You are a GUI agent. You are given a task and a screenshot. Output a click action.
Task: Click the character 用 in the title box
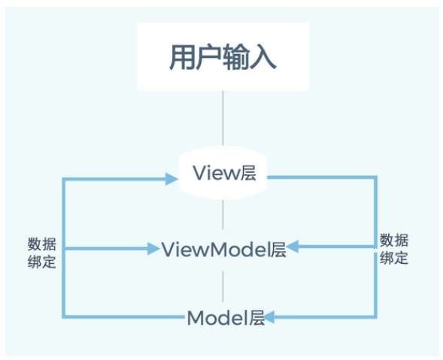(x=182, y=57)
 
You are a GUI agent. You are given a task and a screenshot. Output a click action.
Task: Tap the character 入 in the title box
(x=263, y=57)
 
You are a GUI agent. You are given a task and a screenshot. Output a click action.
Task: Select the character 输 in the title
(x=236, y=57)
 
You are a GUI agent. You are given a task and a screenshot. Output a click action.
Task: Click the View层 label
(x=224, y=173)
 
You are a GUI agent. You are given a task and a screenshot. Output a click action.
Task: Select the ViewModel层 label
(x=224, y=249)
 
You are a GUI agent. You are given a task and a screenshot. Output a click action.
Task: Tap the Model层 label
(x=226, y=318)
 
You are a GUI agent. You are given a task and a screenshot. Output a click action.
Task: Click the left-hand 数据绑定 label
(x=42, y=253)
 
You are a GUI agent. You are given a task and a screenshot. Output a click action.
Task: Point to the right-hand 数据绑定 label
(x=394, y=249)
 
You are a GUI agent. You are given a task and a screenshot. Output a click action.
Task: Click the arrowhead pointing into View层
(x=171, y=179)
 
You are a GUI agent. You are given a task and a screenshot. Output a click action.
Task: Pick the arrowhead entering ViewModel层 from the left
(x=154, y=249)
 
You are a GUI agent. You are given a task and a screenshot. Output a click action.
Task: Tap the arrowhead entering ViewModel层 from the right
(x=293, y=247)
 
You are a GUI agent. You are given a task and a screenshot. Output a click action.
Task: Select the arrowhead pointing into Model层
(x=269, y=317)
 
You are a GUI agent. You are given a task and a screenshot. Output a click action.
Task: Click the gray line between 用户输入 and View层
(x=223, y=118)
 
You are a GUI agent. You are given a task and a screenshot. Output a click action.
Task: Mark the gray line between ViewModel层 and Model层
(x=223, y=286)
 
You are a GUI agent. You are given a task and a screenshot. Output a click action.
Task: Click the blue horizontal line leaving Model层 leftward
(x=123, y=317)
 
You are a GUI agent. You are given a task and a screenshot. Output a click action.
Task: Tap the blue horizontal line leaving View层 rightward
(x=322, y=177)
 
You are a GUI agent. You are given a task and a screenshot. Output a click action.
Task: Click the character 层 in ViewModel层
(x=278, y=249)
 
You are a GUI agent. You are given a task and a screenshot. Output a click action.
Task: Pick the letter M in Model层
(x=195, y=318)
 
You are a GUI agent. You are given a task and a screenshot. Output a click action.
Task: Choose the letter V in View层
(x=199, y=172)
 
